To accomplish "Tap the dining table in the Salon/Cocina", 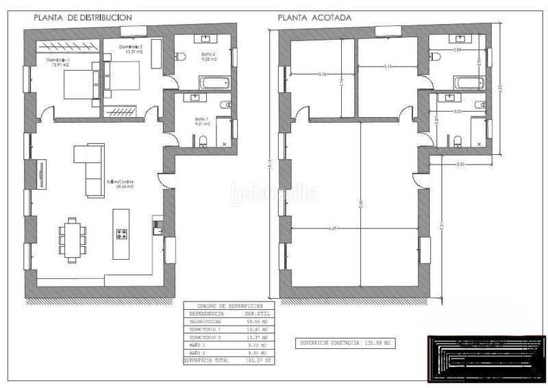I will click(x=71, y=239).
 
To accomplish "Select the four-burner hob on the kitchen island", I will click(x=122, y=234).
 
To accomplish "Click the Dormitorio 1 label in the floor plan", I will click(x=59, y=63).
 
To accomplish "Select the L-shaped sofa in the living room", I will click(x=88, y=169).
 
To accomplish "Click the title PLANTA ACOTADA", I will click(x=315, y=17).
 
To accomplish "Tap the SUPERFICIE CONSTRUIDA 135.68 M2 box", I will click(x=346, y=342).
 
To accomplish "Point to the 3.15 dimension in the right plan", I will click(x=388, y=66).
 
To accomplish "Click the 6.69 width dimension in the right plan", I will click(x=333, y=228).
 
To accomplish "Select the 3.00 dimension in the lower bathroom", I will click(x=458, y=110).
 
